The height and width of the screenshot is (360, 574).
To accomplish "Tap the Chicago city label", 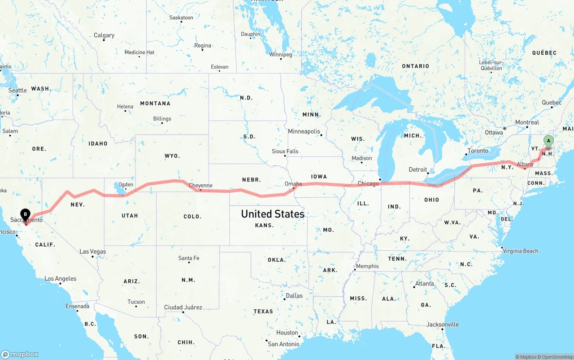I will (368, 183).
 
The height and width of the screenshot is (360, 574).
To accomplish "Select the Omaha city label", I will (293, 184).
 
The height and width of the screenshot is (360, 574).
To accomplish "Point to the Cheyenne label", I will (200, 186).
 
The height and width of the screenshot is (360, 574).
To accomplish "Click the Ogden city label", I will (126, 185).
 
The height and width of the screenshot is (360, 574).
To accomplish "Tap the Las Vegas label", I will (93, 252).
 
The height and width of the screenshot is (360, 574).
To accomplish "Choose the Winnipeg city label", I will (280, 55).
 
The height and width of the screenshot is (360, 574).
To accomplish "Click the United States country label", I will (273, 214).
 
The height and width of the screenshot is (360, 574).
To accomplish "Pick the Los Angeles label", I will (61, 278).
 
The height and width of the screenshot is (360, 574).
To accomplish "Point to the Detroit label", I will (417, 169).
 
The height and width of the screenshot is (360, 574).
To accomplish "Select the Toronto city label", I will (478, 151).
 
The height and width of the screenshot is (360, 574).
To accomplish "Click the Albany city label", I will (525, 165).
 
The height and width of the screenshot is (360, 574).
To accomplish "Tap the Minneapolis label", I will (304, 131).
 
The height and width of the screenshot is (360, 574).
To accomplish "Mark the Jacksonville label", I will (443, 325).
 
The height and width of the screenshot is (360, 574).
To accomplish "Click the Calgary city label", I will (104, 35).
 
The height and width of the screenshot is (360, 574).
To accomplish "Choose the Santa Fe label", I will (188, 258).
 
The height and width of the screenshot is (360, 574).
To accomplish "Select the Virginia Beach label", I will (520, 251).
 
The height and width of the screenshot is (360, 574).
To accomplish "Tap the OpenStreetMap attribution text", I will (555, 357).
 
